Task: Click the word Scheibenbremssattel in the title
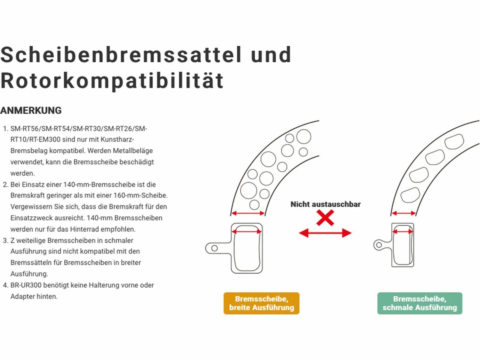pyautogui.click(x=121, y=55)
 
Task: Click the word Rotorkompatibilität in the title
pyautogui.click(x=112, y=81)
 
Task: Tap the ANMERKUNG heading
pyautogui.click(x=31, y=110)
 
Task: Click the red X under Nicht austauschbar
pyautogui.click(x=325, y=218)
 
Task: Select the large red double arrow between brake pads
pyautogui.click(x=325, y=233)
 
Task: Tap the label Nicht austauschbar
pyautogui.click(x=325, y=204)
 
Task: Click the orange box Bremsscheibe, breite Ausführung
pyautogui.click(x=261, y=303)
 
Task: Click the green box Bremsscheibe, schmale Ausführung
pyautogui.click(x=419, y=303)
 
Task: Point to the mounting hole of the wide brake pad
pyautogui.click(x=214, y=248)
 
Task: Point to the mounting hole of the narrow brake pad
pyautogui.click(x=379, y=245)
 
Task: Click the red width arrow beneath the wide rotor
pyautogui.click(x=248, y=213)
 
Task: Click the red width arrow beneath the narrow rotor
pyautogui.click(x=403, y=213)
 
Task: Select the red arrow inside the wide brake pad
pyautogui.click(x=247, y=232)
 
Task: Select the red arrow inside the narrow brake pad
pyautogui.click(x=403, y=232)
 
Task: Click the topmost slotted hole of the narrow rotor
pyautogui.click(x=454, y=141)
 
